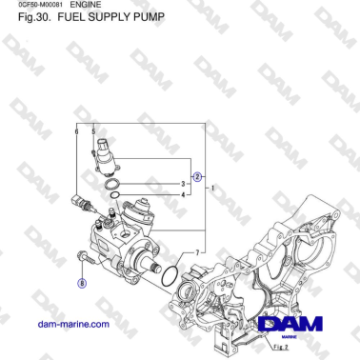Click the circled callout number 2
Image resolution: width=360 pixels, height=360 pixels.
tap(198, 176)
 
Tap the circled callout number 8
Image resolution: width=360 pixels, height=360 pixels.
tap(82, 283)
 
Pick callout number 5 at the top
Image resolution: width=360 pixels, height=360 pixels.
tap(93, 130)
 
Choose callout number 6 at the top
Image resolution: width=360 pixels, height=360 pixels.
tap(76, 130)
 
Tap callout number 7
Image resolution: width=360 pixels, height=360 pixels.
tap(195, 251)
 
